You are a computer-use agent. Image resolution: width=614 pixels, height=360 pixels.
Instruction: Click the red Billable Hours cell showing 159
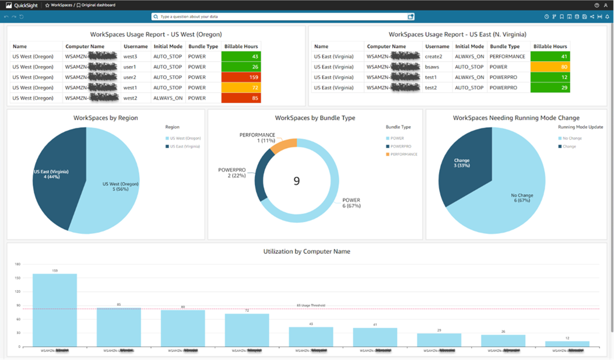pos(241,77)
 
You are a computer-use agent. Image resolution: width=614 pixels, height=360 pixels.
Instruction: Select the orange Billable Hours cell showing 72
pos(241,88)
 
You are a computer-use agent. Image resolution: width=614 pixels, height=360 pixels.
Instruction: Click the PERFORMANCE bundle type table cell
pos(508,57)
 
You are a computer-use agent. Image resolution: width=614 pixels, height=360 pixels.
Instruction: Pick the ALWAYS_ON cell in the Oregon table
pos(168,98)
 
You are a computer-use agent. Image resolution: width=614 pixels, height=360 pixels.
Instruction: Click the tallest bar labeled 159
pos(55,309)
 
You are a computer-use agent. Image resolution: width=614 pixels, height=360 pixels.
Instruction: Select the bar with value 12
pos(567,344)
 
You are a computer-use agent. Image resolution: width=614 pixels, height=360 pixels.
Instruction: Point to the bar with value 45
pos(311,337)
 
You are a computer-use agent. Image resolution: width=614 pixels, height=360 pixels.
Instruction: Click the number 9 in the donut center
pos(296,181)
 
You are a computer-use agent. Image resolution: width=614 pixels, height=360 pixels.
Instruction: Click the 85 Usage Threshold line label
pos(311,305)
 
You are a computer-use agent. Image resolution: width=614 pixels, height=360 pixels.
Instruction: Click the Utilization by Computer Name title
pos(307,251)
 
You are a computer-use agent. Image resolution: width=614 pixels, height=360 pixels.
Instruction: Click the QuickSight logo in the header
pos(22,5)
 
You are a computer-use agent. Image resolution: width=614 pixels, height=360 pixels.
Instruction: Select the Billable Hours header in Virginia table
pos(550,46)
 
